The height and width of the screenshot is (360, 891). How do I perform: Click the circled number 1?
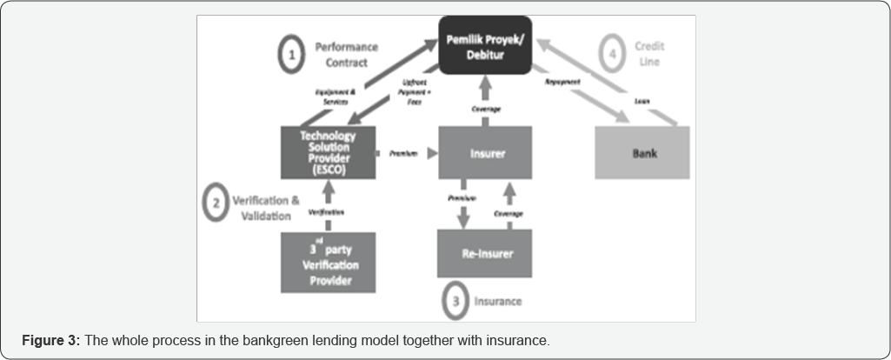click(291, 56)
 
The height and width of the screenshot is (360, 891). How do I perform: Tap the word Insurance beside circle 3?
click(498, 301)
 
